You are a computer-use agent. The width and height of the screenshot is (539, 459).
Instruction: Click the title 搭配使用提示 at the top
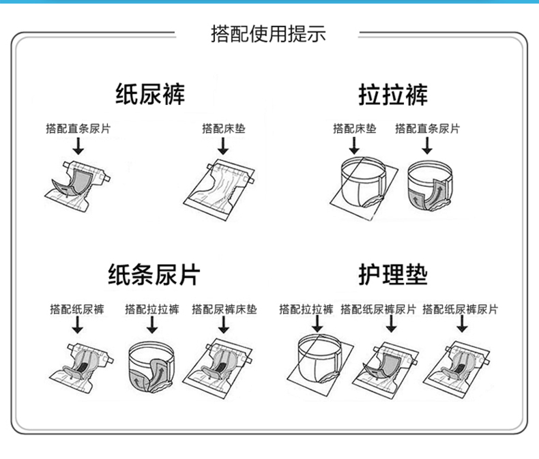[x=268, y=33]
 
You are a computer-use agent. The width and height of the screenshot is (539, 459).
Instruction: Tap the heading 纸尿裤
[x=149, y=94]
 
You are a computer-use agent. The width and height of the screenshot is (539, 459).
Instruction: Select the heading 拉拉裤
[x=393, y=94]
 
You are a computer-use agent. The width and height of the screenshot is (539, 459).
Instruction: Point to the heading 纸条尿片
[x=154, y=275]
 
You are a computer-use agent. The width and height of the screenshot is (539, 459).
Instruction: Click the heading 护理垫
[x=393, y=275]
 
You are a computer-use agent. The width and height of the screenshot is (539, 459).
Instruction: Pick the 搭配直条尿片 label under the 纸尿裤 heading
[x=77, y=128]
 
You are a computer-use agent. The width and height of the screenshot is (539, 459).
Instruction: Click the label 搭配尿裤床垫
[x=224, y=310]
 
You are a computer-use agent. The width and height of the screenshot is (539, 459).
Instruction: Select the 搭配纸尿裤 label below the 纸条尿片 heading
[x=77, y=310]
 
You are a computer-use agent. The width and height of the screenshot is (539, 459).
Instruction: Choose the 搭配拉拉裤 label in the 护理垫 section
[x=306, y=310]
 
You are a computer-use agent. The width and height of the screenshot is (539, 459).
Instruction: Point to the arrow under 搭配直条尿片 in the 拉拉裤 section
[x=426, y=145]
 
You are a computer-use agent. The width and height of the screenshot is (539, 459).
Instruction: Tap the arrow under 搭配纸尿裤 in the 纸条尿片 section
[x=77, y=327]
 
